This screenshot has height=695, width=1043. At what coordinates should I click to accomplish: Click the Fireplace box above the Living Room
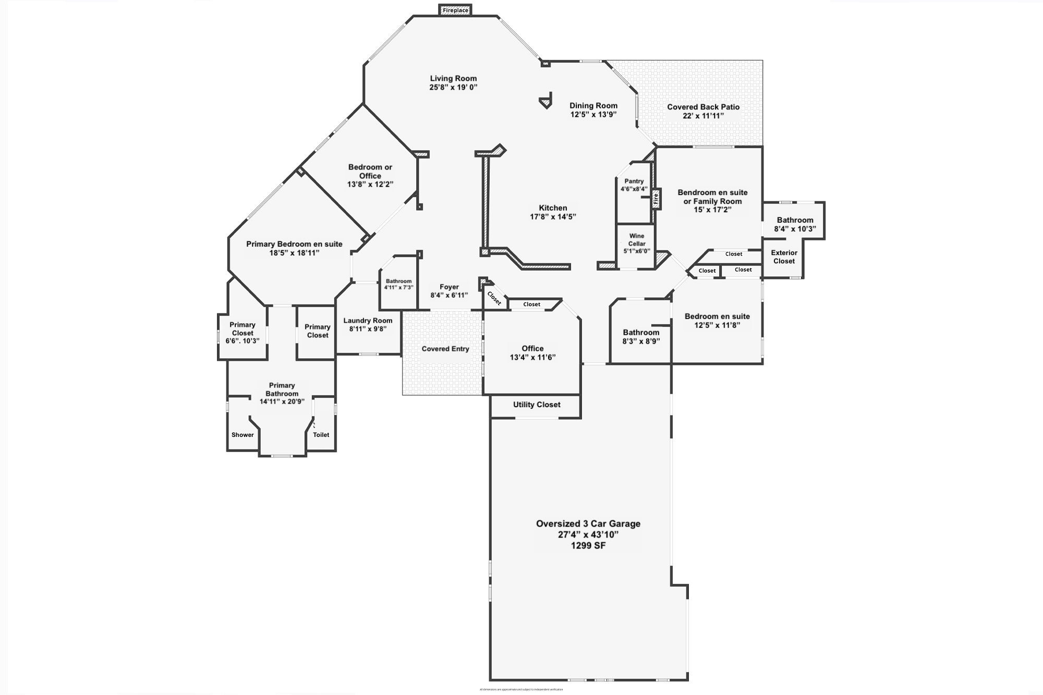coord(455,10)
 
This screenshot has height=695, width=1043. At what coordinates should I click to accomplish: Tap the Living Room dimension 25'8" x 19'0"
coord(453,88)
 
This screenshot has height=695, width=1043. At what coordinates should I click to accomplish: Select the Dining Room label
coord(593,105)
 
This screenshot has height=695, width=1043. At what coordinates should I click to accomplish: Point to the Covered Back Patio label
coord(703,107)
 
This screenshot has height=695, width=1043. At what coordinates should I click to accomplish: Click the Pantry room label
coord(634,181)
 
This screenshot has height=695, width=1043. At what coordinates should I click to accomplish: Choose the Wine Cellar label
coord(637,240)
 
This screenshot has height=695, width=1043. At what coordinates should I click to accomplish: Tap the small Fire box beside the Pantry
coord(656,198)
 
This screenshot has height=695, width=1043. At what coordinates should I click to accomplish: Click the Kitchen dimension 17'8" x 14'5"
coord(553,217)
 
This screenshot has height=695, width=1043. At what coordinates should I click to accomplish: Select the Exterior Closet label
coord(784,257)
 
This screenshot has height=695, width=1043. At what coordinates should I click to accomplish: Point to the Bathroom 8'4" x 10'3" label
coord(795,224)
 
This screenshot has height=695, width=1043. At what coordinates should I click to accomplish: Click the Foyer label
coord(449,287)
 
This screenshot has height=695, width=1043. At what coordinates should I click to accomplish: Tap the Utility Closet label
coord(537,405)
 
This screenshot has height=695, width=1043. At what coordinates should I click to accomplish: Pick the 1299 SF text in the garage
coord(588,546)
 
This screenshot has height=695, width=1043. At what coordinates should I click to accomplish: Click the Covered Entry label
coord(445,349)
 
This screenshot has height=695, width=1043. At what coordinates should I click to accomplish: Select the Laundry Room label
coord(368,321)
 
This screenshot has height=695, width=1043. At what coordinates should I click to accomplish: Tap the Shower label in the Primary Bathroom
coord(242,435)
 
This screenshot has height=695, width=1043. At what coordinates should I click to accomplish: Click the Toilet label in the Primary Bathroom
coord(321,435)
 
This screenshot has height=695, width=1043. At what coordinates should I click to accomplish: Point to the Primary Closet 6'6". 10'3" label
coord(242,333)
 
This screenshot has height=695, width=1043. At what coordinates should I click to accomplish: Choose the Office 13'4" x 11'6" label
coord(532,353)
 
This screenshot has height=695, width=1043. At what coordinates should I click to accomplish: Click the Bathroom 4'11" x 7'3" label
coord(398,284)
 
